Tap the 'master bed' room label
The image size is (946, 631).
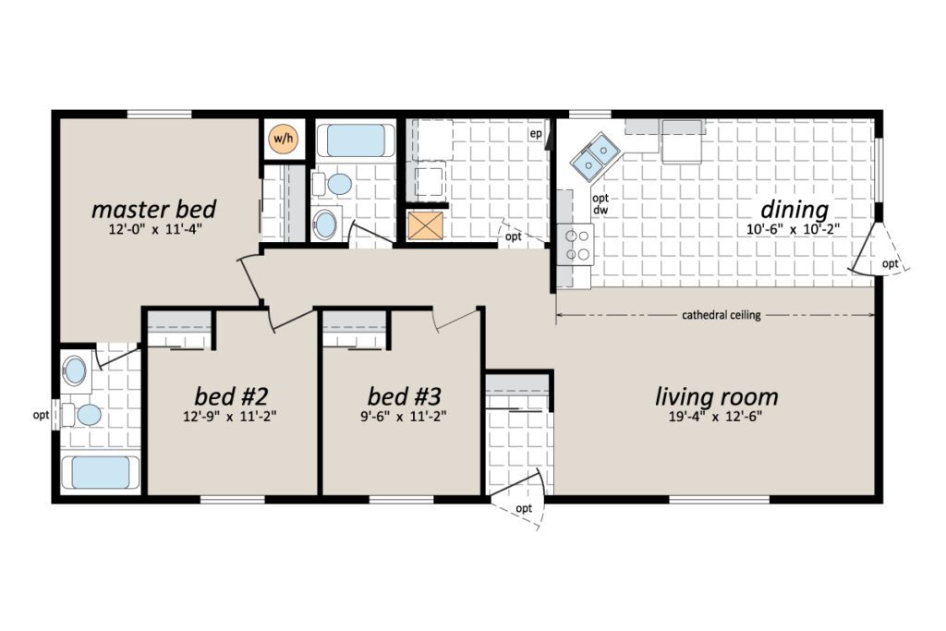pos(153,210)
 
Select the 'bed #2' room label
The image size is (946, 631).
pos(230,396)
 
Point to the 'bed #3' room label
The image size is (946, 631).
pos(404,396)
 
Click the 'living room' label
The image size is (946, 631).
pos(716,397)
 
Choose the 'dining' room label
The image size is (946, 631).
pos(794,210)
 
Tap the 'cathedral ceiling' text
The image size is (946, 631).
pos(721,315)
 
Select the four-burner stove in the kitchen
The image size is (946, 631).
pos(575,245)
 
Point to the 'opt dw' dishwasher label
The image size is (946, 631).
pos(600,204)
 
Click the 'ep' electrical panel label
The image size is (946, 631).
pos(536,134)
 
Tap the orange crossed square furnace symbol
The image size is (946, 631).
pos(426,225)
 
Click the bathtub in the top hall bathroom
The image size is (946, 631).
pos(352,140)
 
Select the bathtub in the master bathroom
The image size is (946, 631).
pos(100,472)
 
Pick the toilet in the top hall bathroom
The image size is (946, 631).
pos(333,184)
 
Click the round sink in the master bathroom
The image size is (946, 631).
pos(76,370)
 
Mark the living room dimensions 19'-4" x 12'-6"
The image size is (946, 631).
pos(716,417)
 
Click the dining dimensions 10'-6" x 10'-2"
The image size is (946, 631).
pos(794,229)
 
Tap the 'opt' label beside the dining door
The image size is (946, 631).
pos(890,263)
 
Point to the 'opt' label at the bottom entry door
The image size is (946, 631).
pos(524,508)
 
